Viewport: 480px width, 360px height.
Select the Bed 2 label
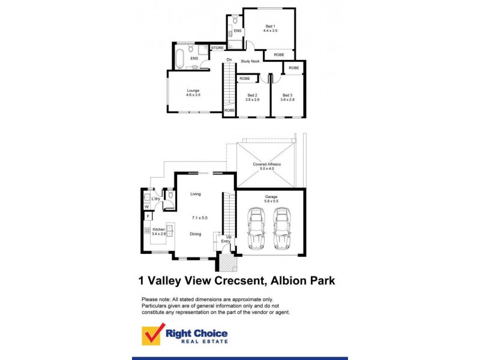click(x=252, y=95)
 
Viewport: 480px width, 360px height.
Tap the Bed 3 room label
click(x=287, y=95)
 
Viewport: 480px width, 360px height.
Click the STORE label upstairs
click(x=217, y=48)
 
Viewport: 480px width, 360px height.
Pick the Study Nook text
click(x=250, y=61)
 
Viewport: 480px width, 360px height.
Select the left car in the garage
click(x=256, y=228)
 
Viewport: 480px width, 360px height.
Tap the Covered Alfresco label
click(x=267, y=164)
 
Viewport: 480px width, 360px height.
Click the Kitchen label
click(x=158, y=229)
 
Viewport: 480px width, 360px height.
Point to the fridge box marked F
click(x=146, y=216)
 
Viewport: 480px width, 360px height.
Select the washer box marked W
click(x=146, y=206)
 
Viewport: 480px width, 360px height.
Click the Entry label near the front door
click(x=226, y=242)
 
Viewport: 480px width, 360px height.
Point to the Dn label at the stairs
click(x=229, y=59)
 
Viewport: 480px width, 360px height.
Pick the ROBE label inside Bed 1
click(x=279, y=55)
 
